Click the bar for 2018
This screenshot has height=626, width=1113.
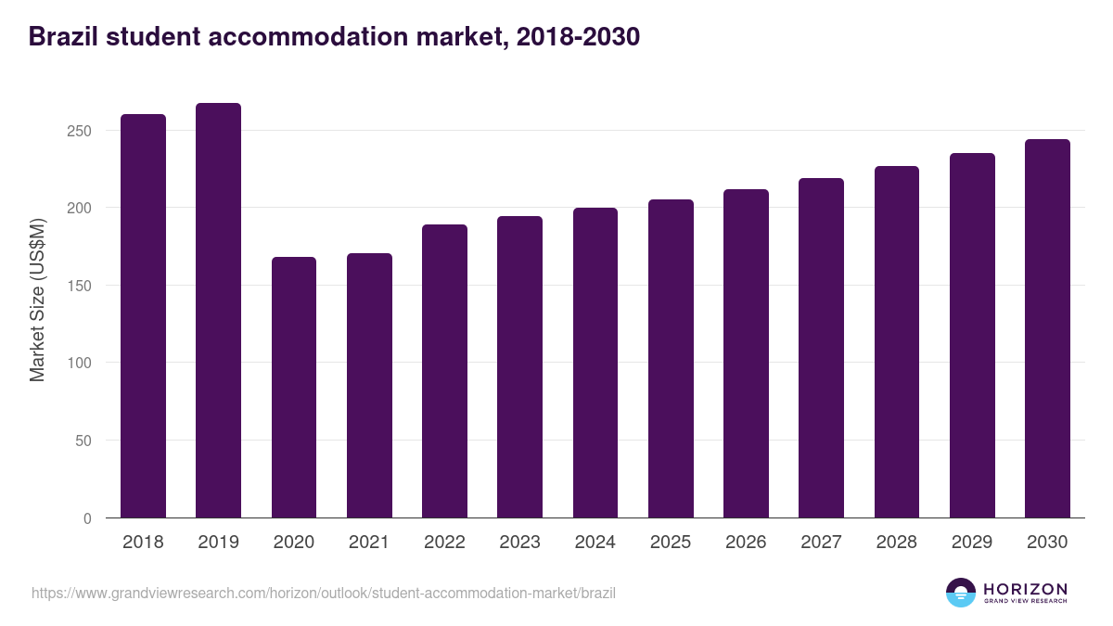(x=143, y=316)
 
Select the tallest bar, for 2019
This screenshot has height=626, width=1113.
(x=218, y=311)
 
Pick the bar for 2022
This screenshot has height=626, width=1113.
(x=444, y=371)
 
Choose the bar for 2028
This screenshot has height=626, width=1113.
(x=897, y=342)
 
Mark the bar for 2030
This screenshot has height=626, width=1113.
(x=1047, y=328)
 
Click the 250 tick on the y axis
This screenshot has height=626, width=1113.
(x=81, y=131)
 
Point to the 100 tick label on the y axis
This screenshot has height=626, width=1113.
(x=81, y=364)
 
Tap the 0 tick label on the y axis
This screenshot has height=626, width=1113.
(x=87, y=518)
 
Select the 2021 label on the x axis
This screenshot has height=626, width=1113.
(x=369, y=543)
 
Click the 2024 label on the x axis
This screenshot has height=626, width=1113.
(x=595, y=543)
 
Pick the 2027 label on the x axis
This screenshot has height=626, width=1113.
(x=821, y=543)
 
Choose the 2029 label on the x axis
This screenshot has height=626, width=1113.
(x=972, y=543)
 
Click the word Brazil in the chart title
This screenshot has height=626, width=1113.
(x=61, y=37)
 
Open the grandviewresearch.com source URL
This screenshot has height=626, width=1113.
(x=324, y=593)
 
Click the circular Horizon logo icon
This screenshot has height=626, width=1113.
(x=961, y=593)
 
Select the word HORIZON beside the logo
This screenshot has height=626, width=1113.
(x=1025, y=589)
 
